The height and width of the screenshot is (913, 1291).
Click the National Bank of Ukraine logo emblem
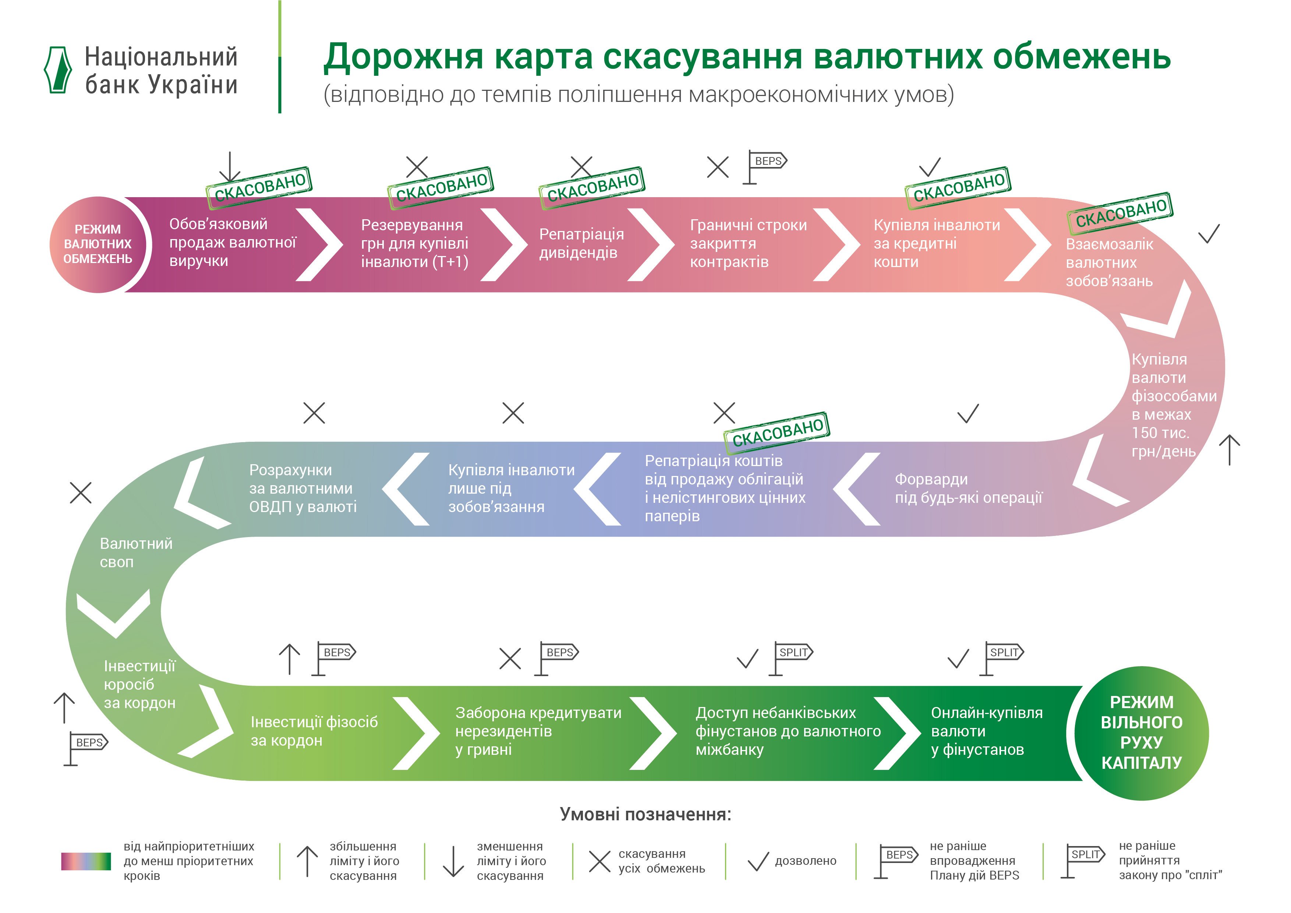58,70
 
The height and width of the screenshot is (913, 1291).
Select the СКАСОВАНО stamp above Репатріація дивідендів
592,188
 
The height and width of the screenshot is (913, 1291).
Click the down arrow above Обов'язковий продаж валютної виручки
229,167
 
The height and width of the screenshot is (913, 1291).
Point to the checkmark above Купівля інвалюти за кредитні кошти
930,167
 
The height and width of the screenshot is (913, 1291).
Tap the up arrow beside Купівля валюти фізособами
1229,450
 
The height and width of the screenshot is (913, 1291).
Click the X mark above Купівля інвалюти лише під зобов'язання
513,413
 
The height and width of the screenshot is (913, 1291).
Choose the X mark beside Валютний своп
80,493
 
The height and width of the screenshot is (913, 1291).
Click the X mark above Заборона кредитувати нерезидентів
510,658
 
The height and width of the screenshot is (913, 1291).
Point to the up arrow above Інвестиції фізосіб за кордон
290,659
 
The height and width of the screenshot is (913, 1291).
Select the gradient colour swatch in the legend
86,861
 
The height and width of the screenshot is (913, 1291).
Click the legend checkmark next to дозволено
758,861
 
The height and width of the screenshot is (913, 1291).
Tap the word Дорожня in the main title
403,57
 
